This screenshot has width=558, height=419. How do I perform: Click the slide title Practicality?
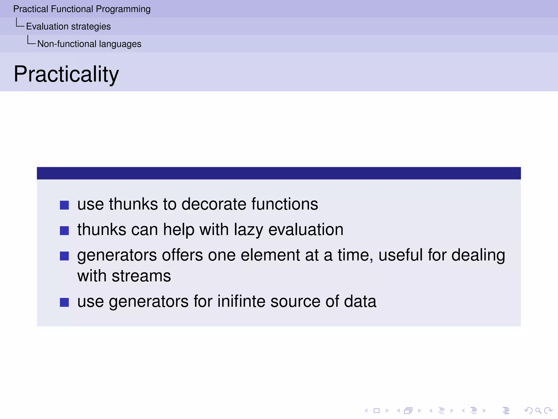(66, 74)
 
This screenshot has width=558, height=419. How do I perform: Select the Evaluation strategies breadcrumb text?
(68, 26)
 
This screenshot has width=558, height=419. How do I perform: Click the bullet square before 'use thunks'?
(64, 205)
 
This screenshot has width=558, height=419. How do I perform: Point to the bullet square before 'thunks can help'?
(64, 231)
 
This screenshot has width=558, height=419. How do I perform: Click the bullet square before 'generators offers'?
(64, 256)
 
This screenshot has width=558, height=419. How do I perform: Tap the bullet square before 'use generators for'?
(64, 302)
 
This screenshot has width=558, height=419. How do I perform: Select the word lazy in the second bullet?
(248, 230)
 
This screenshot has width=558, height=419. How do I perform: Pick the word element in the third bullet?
(270, 255)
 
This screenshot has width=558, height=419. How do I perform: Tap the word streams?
(141, 276)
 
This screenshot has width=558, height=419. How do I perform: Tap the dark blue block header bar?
(279, 173)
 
